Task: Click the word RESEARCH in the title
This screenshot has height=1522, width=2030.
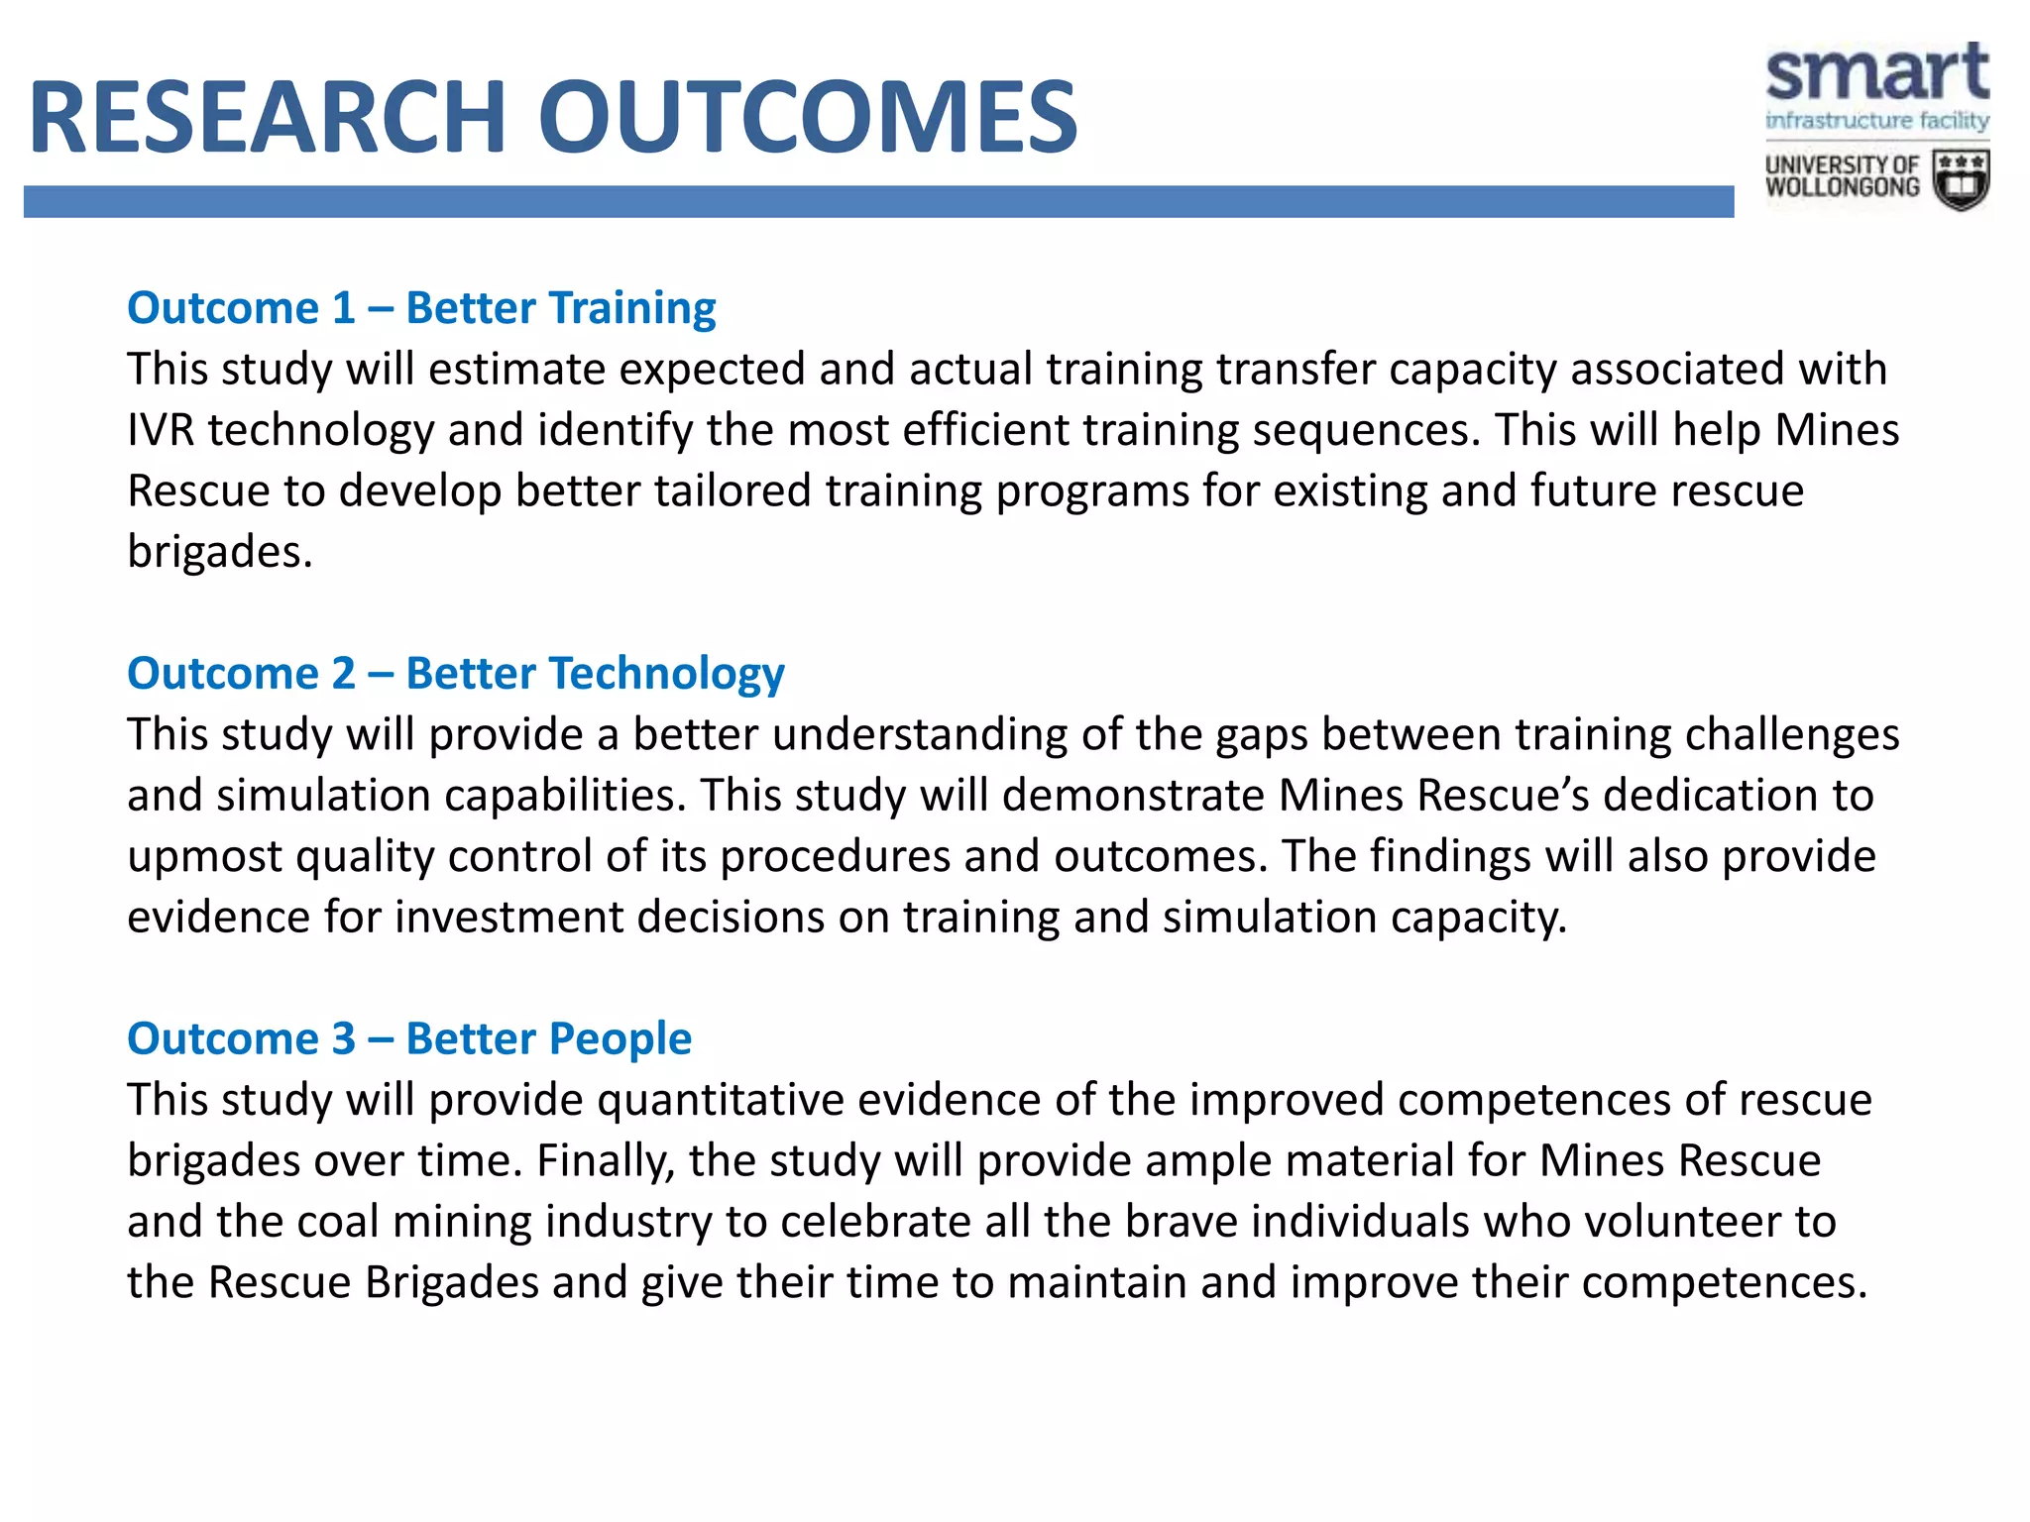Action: tap(268, 119)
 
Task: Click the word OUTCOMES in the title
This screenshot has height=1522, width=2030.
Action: tap(807, 119)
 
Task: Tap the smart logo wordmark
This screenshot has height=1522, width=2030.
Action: tap(1876, 73)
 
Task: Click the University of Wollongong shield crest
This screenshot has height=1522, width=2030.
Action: tap(1962, 180)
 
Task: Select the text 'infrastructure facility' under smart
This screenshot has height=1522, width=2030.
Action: tap(1876, 121)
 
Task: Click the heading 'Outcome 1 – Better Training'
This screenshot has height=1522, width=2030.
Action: tap(421, 308)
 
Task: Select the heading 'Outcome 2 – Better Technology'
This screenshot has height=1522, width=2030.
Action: tap(456, 674)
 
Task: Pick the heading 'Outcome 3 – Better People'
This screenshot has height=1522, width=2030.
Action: tap(409, 1039)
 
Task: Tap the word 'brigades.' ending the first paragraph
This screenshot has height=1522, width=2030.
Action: tap(220, 553)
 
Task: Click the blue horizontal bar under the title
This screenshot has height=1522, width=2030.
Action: tap(878, 202)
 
